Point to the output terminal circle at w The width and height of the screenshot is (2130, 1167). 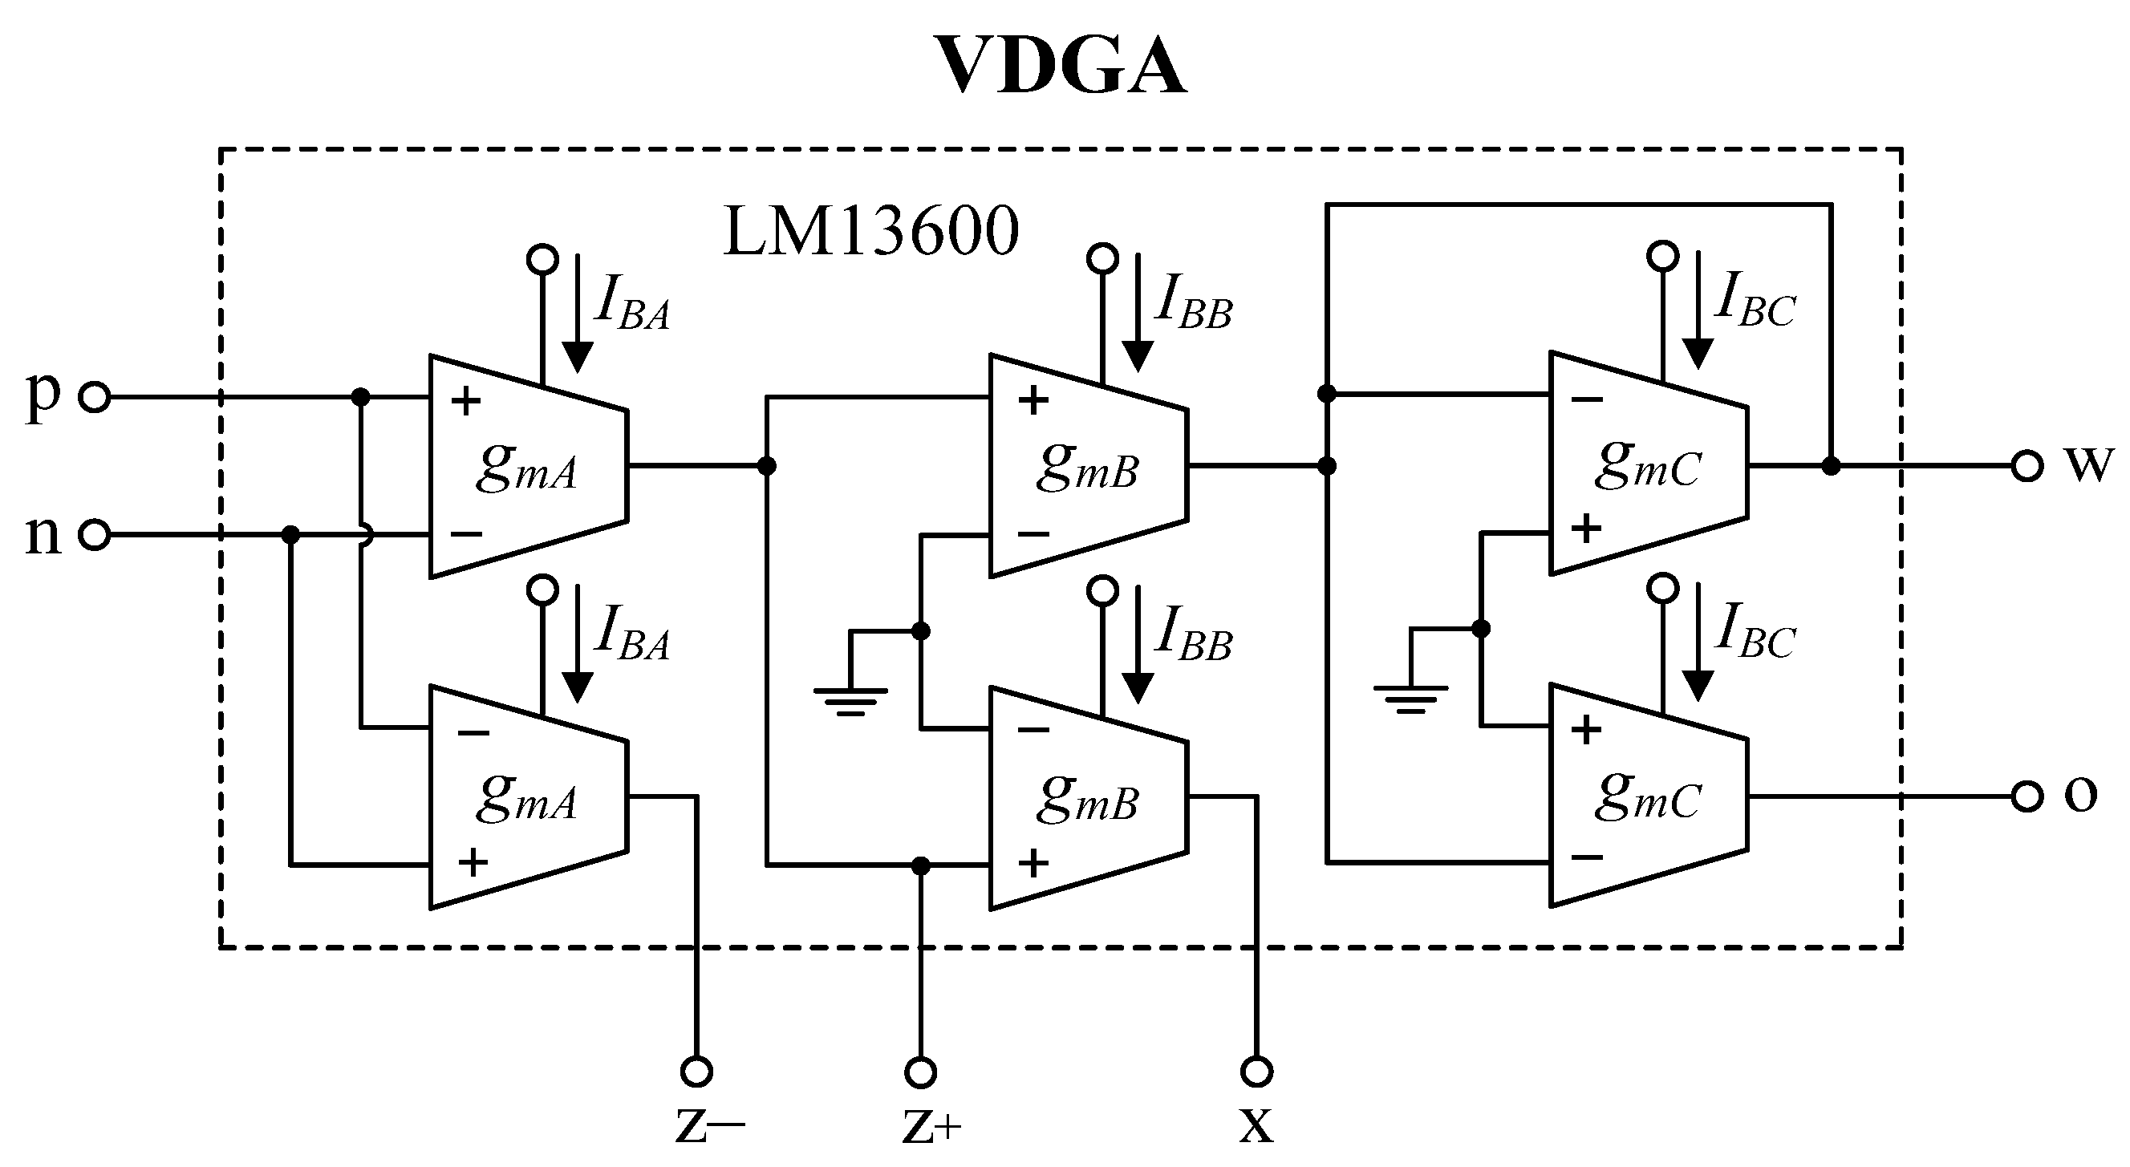2027,466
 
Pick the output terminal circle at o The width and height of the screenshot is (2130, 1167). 2027,796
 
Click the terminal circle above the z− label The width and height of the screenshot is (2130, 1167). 696,1072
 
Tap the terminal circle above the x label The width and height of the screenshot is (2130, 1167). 1257,1072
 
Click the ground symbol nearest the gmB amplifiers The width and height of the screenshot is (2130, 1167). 850,699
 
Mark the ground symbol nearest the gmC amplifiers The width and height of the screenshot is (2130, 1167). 1410,697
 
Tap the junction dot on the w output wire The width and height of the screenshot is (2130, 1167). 1832,466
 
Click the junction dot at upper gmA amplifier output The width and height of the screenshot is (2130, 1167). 766,466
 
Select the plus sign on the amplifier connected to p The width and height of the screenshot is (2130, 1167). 465,401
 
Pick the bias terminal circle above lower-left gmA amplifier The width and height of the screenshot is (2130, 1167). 542,590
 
